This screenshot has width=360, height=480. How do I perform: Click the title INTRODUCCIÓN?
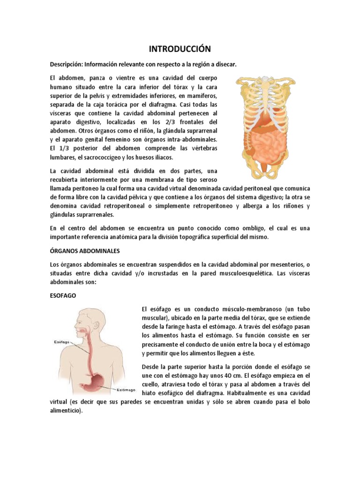coord(180,49)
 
